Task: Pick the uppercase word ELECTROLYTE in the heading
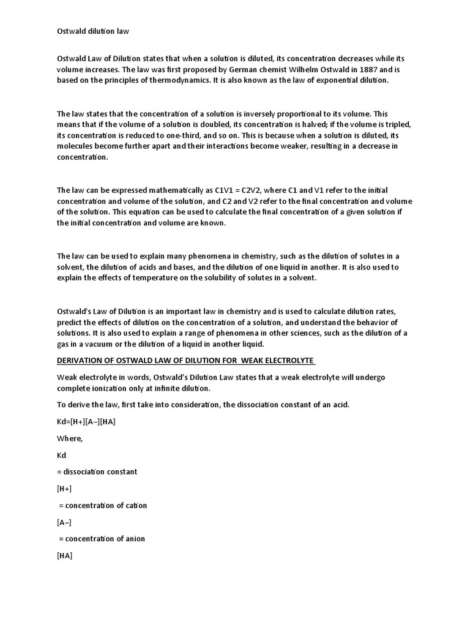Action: [285, 359]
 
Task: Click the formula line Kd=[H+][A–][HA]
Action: [86, 422]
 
